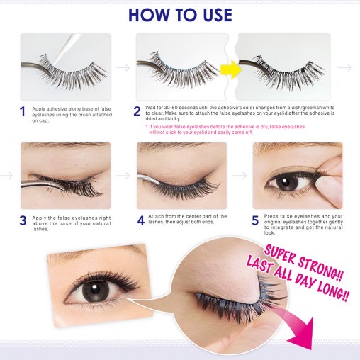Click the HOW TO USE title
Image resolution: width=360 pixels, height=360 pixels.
pos(179,15)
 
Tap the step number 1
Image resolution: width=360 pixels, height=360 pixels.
pos(23,111)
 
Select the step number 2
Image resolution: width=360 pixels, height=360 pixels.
pos(137,111)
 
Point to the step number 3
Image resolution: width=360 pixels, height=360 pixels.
pos(23,220)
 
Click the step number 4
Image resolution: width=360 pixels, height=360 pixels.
pos(140,220)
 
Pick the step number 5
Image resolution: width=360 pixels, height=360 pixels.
pos(255,220)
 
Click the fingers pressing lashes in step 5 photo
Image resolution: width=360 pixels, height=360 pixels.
pos(329,174)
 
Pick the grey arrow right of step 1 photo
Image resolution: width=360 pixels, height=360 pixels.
pos(122,67)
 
